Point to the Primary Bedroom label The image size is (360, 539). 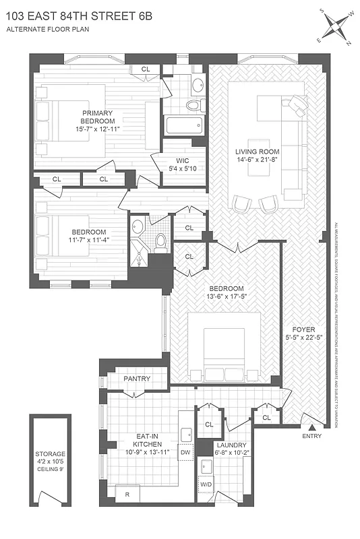coord(98,113)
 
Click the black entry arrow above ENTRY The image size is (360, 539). coord(311,426)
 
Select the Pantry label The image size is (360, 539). coord(137,379)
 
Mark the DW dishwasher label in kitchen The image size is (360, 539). coord(185,453)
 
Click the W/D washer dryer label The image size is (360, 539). coord(206,484)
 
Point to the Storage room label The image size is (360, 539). coord(51,454)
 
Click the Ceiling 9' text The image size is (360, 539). coord(51,470)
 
